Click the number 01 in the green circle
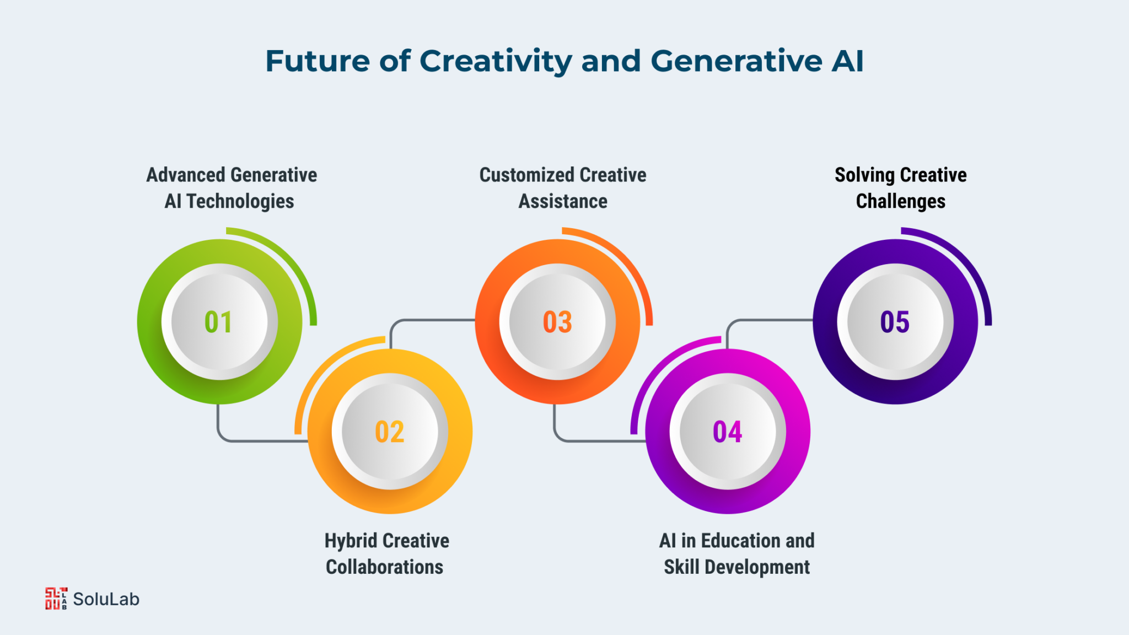pyautogui.click(x=218, y=322)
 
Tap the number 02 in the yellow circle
pyautogui.click(x=390, y=432)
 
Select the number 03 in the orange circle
pyautogui.click(x=557, y=322)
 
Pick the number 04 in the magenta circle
pyautogui.click(x=728, y=432)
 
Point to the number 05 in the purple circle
pyautogui.click(x=895, y=322)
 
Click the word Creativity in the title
pyautogui.click(x=496, y=62)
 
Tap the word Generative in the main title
pyautogui.click(x=736, y=61)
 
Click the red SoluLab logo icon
pyautogui.click(x=56, y=599)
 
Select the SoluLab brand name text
pyautogui.click(x=106, y=599)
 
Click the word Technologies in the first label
pyautogui.click(x=240, y=202)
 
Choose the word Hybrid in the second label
pyautogui.click(x=343, y=541)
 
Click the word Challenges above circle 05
pyautogui.click(x=901, y=202)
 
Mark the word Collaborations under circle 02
pyautogui.click(x=385, y=567)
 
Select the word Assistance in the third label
pyautogui.click(x=563, y=202)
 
